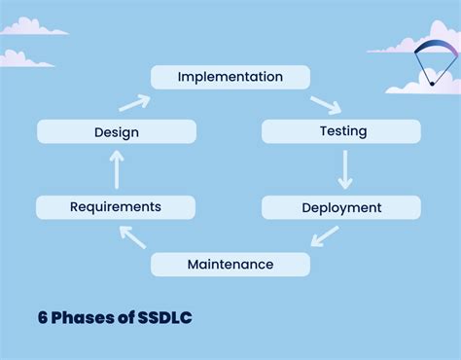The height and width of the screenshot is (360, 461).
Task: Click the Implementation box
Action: click(230, 77)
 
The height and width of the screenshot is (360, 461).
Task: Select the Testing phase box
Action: click(341, 131)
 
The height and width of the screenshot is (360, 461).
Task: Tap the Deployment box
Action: click(341, 207)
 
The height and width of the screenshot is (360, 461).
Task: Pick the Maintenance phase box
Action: click(230, 264)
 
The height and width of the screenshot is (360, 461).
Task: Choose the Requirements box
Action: click(116, 206)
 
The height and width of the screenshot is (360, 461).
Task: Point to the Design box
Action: click(116, 131)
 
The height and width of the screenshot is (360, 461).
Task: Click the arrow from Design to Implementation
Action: click(134, 102)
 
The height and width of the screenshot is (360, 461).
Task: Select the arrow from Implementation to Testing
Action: click(326, 103)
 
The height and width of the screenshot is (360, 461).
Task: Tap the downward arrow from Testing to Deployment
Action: click(343, 169)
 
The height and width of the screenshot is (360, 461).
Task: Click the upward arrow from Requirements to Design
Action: click(117, 169)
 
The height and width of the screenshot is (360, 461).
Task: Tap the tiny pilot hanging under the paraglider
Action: click(432, 84)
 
